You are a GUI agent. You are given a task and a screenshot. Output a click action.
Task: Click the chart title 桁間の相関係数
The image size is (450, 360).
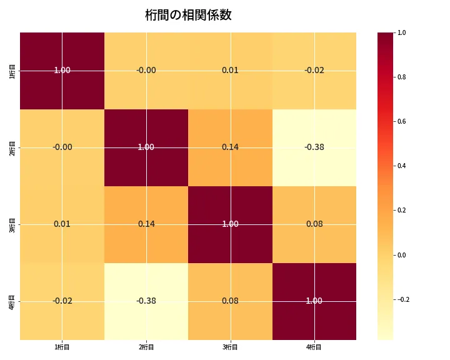pos(188,15)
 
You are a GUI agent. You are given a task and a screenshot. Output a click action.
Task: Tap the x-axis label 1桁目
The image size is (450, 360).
pos(62,347)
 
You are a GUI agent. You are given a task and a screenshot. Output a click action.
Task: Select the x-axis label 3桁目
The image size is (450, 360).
pos(230,347)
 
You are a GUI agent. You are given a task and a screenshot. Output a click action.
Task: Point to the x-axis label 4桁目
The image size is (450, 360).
pos(314,347)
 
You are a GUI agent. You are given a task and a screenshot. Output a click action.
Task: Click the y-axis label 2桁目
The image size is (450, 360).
pos(13,147)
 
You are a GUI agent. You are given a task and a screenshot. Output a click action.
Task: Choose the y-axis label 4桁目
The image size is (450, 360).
pos(13,301)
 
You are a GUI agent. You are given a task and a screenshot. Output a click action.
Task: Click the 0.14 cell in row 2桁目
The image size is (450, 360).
pos(230,147)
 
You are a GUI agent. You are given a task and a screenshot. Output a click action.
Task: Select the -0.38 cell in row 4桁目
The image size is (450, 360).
pos(146,301)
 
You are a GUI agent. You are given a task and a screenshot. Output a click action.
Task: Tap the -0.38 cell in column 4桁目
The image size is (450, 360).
pos(314,147)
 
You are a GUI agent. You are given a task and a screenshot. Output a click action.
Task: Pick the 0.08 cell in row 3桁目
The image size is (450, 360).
pos(314,224)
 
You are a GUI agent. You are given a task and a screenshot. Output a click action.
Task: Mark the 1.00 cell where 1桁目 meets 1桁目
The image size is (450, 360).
pos(62,71)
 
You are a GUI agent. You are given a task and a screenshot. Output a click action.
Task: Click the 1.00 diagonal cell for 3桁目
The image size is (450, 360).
pos(230,224)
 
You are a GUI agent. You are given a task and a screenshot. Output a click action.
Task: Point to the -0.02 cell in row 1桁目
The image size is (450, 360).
pos(314,71)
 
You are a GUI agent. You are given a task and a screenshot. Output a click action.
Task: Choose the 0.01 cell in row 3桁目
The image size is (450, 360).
pos(62,224)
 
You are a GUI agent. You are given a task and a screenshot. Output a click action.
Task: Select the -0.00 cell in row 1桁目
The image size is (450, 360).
pos(146,71)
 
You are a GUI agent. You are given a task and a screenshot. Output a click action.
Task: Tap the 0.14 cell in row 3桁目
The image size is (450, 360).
pos(146,224)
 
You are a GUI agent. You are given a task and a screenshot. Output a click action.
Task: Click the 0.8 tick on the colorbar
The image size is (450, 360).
pos(402,77)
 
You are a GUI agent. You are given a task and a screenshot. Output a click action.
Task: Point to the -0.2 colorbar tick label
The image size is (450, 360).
pos(404,299)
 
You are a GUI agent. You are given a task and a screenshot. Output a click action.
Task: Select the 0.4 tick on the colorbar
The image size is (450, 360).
pos(402,166)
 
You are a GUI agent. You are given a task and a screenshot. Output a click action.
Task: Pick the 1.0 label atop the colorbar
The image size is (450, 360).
pos(402,32)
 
